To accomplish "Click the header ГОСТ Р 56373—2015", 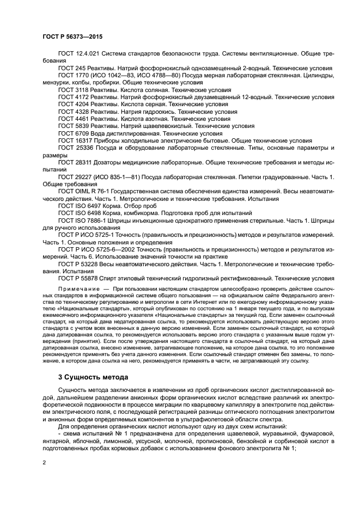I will click(72, 36).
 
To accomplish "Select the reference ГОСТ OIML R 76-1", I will click(84, 192).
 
